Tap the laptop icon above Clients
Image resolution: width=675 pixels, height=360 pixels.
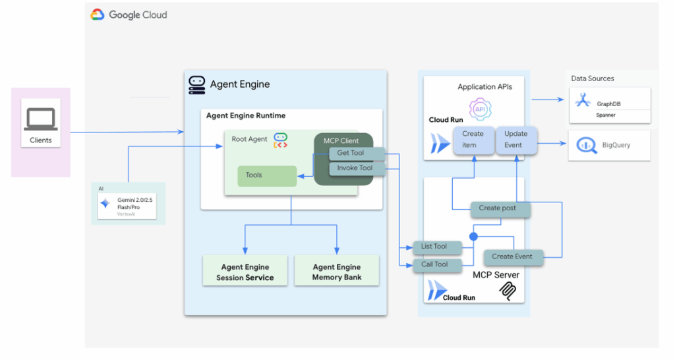point(41,119)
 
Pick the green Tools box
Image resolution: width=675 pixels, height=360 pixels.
point(267,175)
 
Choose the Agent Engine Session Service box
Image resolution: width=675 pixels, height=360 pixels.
point(245,272)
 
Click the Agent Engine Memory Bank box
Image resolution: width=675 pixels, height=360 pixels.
point(337,272)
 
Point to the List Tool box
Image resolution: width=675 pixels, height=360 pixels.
point(434,247)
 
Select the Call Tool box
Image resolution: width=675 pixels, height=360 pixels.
point(434,264)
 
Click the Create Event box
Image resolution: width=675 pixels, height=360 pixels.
point(512,256)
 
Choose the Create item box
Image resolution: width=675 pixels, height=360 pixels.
point(473,140)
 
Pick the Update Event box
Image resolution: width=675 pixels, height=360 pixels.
point(515,140)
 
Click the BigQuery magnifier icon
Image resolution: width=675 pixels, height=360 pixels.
point(587,145)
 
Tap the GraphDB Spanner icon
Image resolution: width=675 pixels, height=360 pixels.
point(583,100)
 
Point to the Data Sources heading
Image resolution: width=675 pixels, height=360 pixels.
point(593,78)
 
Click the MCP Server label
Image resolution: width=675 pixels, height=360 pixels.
point(496,274)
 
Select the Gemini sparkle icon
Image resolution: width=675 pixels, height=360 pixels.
point(105,204)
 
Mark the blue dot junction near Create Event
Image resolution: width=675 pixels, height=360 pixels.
point(473,235)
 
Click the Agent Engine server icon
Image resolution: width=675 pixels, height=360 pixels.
point(196,84)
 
